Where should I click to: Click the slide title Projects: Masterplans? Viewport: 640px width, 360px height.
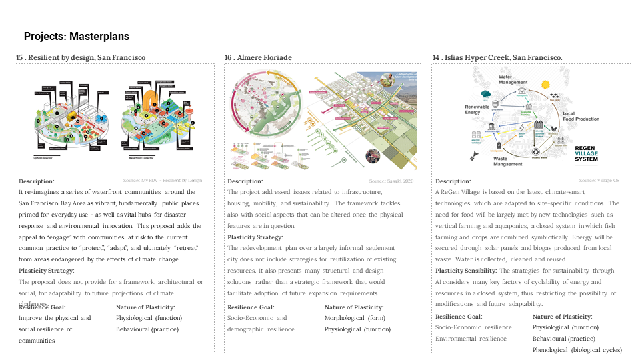pos(77,37)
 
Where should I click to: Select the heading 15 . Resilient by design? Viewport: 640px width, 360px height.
pos(81,58)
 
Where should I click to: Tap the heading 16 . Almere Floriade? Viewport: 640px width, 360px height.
pos(258,58)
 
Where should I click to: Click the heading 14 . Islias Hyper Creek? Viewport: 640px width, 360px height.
pos(497,58)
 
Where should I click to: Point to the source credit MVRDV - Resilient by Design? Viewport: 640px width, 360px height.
pos(162,181)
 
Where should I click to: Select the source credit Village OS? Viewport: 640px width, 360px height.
pos(599,181)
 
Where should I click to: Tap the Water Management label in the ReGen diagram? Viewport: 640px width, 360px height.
pos(514,79)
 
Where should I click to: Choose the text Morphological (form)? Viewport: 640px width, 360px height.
pos(354,318)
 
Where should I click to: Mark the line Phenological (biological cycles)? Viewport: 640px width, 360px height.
pos(577,350)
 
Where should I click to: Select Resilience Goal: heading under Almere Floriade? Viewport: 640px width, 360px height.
pos(251,307)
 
